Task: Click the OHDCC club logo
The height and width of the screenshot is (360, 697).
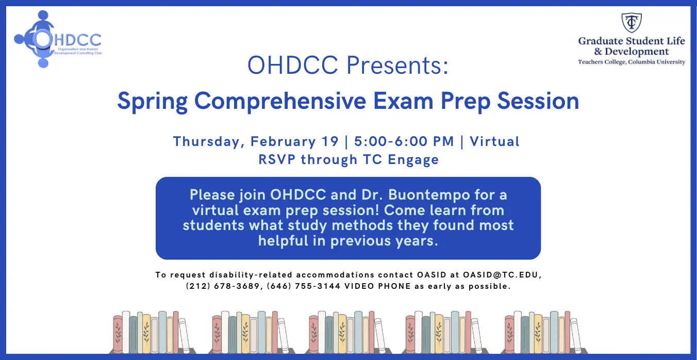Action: tap(58, 39)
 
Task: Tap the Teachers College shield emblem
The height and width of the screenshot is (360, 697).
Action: tap(632, 23)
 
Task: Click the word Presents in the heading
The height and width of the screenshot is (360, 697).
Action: tap(397, 66)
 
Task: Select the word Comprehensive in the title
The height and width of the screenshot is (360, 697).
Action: tap(280, 102)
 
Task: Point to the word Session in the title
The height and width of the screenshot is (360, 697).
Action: tap(538, 101)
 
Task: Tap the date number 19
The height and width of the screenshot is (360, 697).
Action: tap(330, 141)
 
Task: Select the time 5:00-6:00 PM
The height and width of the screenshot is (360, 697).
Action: tap(404, 141)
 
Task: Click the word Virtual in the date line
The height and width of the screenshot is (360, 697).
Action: tap(494, 141)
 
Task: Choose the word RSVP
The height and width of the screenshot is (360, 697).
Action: tap(277, 159)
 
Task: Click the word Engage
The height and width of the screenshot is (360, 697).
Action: tap(413, 160)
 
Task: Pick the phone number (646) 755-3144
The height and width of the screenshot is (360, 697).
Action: tap(304, 286)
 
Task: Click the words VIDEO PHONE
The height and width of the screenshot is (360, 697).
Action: tap(377, 286)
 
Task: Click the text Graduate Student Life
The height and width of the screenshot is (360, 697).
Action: tap(632, 41)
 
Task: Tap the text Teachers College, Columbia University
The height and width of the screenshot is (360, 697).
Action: tap(632, 62)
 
